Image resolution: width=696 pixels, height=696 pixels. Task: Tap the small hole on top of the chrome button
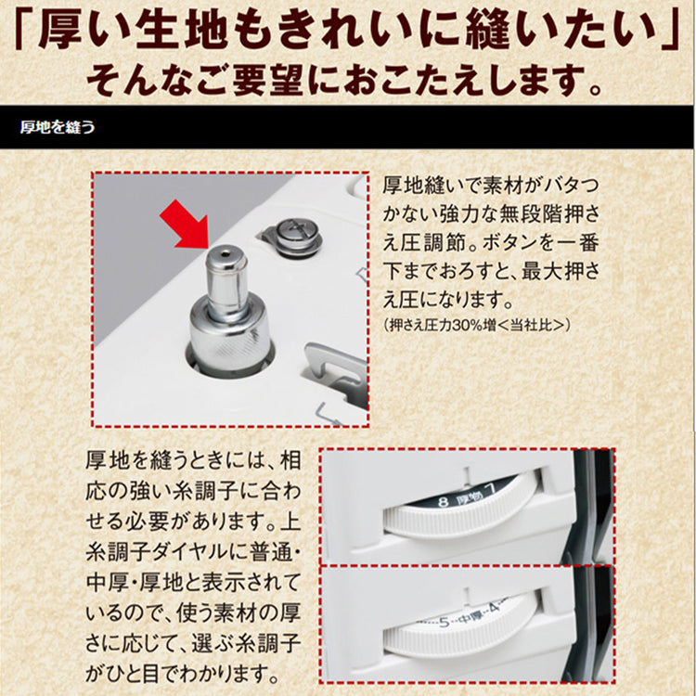pyautogui.click(x=226, y=255)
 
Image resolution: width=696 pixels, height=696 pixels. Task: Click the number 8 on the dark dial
pyautogui.click(x=443, y=502)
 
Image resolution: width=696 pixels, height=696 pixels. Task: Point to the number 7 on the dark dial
pyautogui.click(x=491, y=490)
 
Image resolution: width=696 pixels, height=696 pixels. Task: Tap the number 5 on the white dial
pyautogui.click(x=445, y=623)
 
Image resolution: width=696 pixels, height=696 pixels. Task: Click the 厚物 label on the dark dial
pyautogui.click(x=468, y=496)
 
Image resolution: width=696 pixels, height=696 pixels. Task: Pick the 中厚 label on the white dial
pyautogui.click(x=469, y=616)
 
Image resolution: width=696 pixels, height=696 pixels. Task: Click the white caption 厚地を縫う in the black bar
pyautogui.click(x=58, y=127)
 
